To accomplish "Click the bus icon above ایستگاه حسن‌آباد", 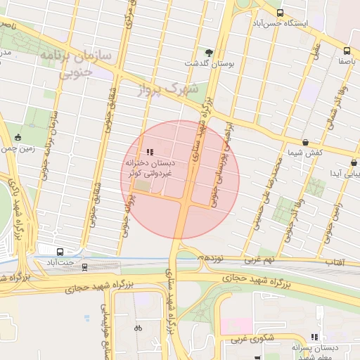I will pos(280,13).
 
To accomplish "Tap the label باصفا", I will pos(348,61).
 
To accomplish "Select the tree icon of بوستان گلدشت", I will pos(209,52).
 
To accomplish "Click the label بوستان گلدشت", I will pos(209,63).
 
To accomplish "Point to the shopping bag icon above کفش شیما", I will pos(305,143).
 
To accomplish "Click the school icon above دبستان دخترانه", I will pos(149,152).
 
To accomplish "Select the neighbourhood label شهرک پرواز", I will pos(169,90).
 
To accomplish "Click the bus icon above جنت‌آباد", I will pos(60,251).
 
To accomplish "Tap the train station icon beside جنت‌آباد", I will pos(85,266).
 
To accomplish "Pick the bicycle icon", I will pos(138,327).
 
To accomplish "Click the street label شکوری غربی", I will pos(258,342).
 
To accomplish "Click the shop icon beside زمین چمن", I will pos(18,137).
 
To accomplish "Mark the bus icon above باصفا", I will pos(347,51).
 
